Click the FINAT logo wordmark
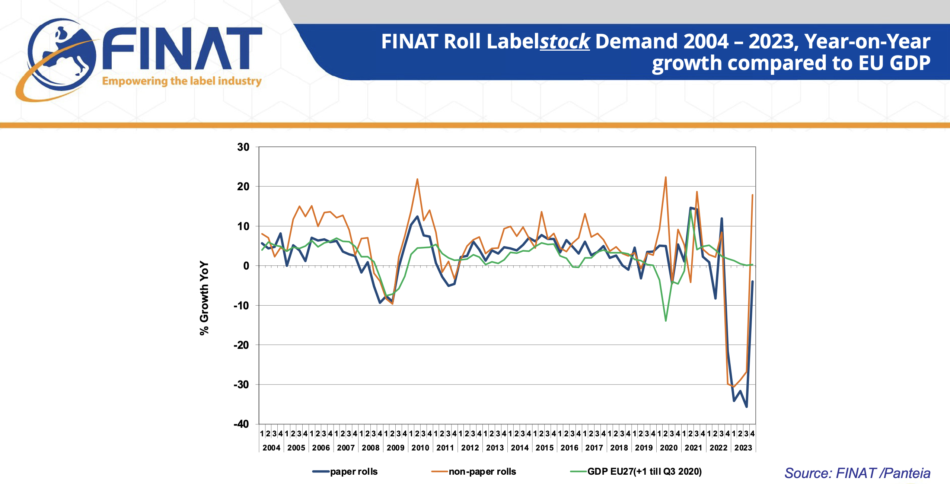pyautogui.click(x=182, y=48)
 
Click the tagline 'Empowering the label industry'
pyautogui.click(x=182, y=81)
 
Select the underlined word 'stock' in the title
pyautogui.click(x=565, y=41)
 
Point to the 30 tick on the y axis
pyautogui.click(x=243, y=147)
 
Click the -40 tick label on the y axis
pyautogui.click(x=241, y=424)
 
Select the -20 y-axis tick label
pyautogui.click(x=241, y=345)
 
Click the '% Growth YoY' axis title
pyautogui.click(x=204, y=298)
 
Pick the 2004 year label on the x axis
pyautogui.click(x=271, y=448)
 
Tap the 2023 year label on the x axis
pyautogui.click(x=743, y=448)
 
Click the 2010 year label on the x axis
pyautogui.click(x=420, y=448)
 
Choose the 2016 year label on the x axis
pyautogui.click(x=569, y=448)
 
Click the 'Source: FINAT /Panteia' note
pyautogui.click(x=857, y=473)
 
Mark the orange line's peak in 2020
pyautogui.click(x=666, y=177)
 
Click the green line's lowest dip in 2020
pyautogui.click(x=666, y=321)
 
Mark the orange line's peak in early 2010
pyautogui.click(x=417, y=179)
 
